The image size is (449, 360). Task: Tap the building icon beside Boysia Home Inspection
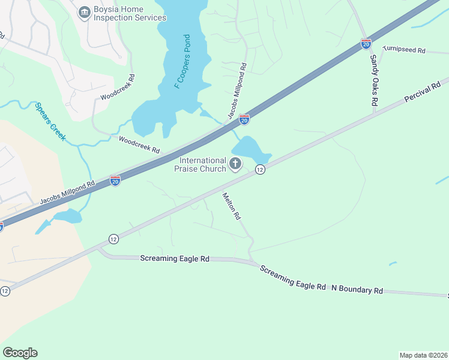[84, 10]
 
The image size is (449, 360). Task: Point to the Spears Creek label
[50, 121]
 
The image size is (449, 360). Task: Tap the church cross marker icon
[235, 163]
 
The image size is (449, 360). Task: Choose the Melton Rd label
[231, 206]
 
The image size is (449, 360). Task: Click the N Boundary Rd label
[357, 289]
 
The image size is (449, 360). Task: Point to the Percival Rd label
[426, 89]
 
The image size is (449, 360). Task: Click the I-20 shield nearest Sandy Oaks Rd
[366, 44]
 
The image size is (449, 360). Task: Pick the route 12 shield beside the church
[259, 170]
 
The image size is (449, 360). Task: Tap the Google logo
[20, 353]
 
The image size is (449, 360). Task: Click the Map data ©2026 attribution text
[423, 355]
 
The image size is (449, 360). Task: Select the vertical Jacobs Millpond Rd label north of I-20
[237, 90]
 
